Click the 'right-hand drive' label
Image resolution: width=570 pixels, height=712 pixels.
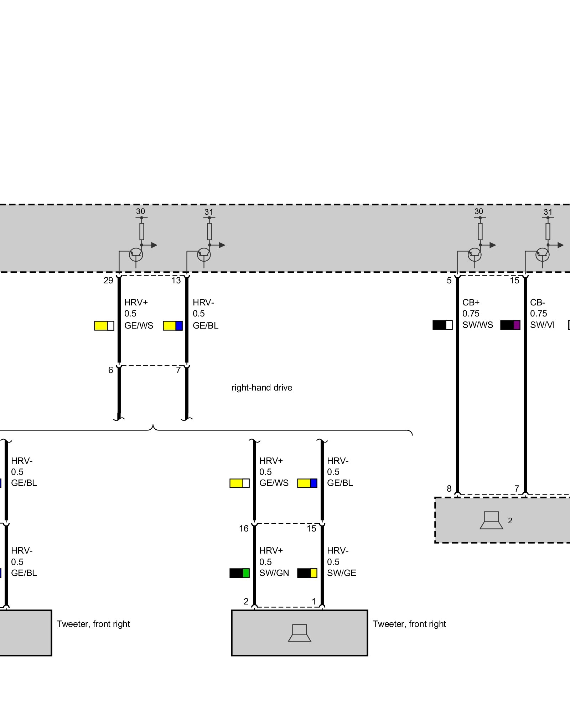click(x=262, y=388)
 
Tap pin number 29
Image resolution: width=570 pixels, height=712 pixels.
click(x=108, y=281)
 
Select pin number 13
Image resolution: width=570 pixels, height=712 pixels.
click(x=176, y=281)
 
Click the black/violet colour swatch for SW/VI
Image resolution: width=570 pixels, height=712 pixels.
click(x=510, y=325)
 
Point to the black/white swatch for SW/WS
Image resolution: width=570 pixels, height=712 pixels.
click(x=442, y=325)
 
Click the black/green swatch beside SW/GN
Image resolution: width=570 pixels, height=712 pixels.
click(x=239, y=573)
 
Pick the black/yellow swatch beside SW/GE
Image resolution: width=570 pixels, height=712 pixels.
click(x=307, y=573)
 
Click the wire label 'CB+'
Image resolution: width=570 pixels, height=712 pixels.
click(x=471, y=303)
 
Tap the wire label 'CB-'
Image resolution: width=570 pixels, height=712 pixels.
click(x=538, y=303)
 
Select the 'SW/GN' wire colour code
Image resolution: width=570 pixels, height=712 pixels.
click(x=274, y=573)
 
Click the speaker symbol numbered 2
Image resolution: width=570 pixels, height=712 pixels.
click(x=491, y=520)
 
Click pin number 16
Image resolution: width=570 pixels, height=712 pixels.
click(x=244, y=529)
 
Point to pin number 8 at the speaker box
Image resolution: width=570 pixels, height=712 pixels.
click(x=449, y=489)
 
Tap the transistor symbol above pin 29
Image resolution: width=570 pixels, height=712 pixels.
click(x=136, y=255)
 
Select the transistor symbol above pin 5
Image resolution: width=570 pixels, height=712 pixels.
click(x=474, y=255)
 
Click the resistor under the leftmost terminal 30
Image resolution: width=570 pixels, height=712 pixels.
click(x=141, y=231)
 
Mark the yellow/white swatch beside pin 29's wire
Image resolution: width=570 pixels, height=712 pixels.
click(x=104, y=326)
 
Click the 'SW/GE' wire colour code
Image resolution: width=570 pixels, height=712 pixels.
click(x=341, y=573)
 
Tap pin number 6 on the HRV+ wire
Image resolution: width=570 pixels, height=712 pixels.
click(x=110, y=370)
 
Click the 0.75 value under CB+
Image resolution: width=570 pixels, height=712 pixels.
click(x=471, y=314)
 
